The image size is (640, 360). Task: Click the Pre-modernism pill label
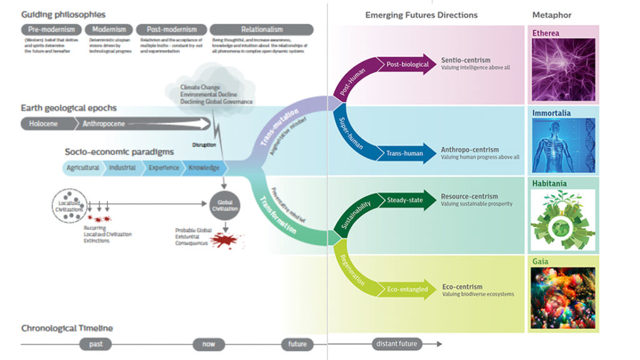point(51,29)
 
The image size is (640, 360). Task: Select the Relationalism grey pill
point(261,29)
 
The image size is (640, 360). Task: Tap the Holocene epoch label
point(43,124)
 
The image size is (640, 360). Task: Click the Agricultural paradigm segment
point(82,168)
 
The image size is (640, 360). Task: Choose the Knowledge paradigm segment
point(204,168)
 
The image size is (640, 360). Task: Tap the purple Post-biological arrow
point(406,64)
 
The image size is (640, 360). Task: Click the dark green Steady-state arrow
point(406,200)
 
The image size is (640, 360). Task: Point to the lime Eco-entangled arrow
point(406,289)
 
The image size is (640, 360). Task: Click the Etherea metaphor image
point(562,70)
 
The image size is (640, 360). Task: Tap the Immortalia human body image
point(562,146)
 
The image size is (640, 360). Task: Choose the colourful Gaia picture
point(562,299)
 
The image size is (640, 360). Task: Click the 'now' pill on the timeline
point(209,344)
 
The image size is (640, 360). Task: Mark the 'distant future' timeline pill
point(397,344)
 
